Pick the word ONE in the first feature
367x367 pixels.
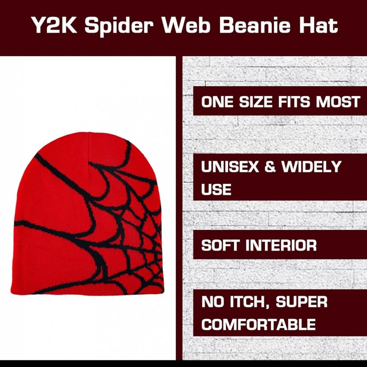[217, 102]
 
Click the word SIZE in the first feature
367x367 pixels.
[256, 102]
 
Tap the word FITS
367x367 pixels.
[294, 102]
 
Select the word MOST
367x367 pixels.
[338, 102]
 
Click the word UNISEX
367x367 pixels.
[230, 166]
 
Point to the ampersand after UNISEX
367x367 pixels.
[270, 166]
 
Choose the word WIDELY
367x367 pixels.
[311, 166]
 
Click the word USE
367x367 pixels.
[216, 189]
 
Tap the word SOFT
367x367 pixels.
[220, 245]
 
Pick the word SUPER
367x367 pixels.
[302, 302]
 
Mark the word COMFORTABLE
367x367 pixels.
[258, 324]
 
